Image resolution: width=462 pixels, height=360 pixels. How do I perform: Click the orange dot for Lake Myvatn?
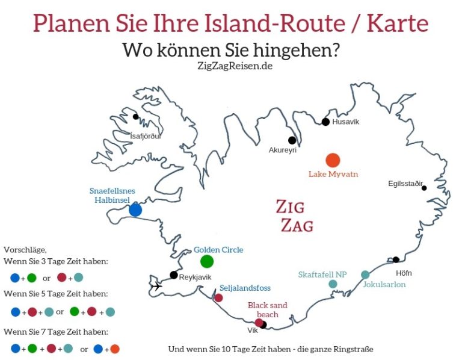333,160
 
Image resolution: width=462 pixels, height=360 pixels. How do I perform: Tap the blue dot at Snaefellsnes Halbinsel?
135,210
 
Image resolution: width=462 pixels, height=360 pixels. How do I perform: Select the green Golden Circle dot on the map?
207,261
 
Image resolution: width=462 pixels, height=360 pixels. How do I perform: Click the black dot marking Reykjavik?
174,275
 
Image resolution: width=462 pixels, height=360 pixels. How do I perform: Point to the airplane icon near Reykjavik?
156,286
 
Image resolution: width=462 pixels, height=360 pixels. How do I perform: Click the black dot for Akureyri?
292,140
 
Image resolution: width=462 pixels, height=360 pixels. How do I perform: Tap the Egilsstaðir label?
406,183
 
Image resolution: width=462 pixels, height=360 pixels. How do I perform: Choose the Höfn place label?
404,273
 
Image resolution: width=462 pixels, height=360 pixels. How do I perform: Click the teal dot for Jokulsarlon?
365,275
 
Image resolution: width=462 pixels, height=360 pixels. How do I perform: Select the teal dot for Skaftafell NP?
333,284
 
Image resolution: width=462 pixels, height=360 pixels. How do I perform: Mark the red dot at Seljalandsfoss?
218,297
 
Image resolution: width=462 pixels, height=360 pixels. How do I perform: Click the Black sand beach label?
268,309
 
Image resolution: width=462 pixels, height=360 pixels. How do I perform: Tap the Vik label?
253,330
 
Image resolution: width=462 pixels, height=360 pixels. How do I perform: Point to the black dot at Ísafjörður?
136,117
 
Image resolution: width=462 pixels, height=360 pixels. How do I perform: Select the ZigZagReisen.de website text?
230,66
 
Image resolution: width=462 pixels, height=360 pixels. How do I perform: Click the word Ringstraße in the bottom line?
352,349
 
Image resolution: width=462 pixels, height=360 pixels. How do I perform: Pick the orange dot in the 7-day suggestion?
115,349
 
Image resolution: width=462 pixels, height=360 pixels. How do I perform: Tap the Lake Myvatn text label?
333,174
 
